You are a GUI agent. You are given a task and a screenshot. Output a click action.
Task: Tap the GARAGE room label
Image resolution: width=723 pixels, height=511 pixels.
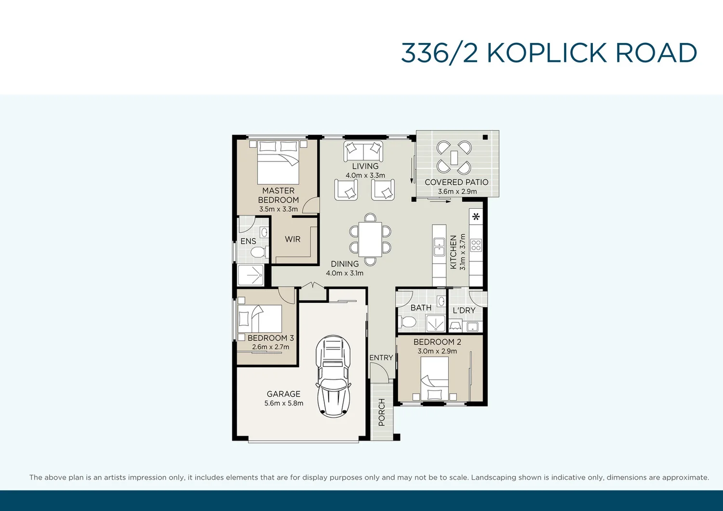tap(283, 394)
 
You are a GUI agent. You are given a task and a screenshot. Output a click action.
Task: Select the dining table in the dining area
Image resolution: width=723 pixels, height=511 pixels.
tap(370, 239)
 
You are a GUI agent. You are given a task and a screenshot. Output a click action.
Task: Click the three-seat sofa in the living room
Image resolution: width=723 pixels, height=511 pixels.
tap(363, 151)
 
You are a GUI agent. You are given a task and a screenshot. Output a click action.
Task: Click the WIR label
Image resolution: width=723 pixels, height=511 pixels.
tap(293, 239)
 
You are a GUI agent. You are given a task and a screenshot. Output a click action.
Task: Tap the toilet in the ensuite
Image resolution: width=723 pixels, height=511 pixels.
tap(258, 252)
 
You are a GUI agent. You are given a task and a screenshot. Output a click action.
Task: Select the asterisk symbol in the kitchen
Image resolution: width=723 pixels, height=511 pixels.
tap(476, 217)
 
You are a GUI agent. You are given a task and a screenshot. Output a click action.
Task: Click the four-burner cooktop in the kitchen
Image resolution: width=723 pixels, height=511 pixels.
tap(476, 245)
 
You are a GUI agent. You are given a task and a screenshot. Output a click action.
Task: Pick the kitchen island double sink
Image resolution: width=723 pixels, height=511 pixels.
tap(439, 247)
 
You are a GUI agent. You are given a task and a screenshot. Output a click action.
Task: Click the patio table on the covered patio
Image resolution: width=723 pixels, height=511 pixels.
tap(454, 157)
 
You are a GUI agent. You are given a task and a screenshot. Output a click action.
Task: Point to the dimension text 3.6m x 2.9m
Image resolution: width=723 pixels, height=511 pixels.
tap(457, 191)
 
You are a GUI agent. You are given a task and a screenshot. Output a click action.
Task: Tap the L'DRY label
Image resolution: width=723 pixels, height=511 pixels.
tap(464, 310)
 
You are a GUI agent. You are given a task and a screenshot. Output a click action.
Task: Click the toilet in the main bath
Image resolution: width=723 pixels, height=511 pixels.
tap(408, 322)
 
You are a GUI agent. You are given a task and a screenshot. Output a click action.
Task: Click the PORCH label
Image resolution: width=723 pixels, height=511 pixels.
tap(382, 412)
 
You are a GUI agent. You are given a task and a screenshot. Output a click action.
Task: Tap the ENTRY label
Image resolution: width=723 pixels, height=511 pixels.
tap(381, 358)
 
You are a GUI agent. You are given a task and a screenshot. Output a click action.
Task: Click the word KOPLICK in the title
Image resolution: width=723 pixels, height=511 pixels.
tap(547, 53)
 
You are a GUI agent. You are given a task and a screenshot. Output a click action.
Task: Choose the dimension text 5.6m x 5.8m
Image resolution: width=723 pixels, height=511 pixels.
tap(283, 403)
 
